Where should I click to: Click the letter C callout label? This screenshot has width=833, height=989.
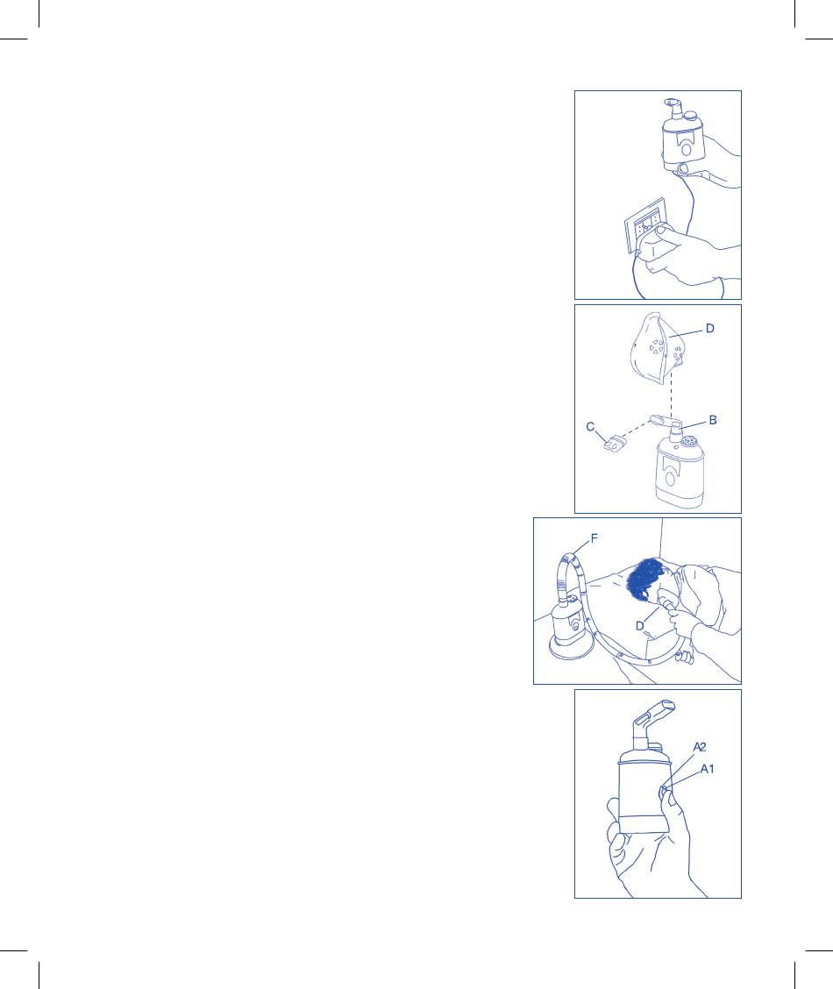point(590,427)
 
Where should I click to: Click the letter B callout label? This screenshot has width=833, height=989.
point(713,420)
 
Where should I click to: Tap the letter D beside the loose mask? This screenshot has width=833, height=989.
point(709,329)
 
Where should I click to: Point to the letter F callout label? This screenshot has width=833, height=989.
point(594,538)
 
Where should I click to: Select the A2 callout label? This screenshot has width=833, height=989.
point(700,747)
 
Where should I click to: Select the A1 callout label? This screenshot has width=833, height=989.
point(707,769)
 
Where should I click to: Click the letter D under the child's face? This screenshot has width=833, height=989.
point(640,626)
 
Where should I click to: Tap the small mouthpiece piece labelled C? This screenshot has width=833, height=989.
point(614,445)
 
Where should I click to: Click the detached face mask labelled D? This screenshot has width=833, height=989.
point(658,347)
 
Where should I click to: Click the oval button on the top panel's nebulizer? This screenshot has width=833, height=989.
point(686,150)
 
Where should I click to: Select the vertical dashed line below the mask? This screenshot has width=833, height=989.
point(671,395)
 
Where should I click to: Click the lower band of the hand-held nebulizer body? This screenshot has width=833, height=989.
point(644,824)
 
